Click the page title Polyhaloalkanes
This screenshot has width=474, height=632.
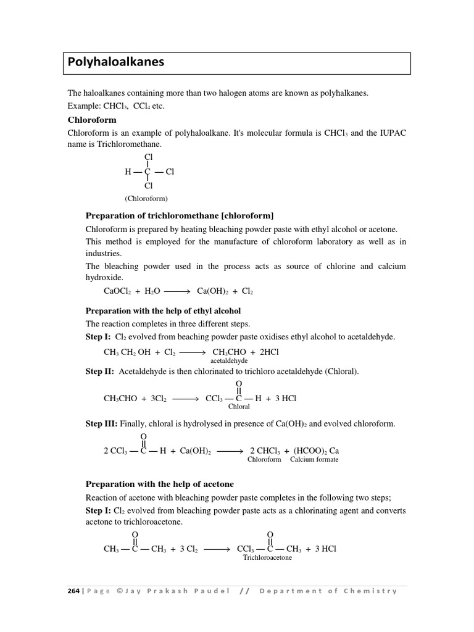[x=116, y=62]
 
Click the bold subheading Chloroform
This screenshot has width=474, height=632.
[x=92, y=120]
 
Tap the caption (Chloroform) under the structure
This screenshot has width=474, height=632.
[x=146, y=199]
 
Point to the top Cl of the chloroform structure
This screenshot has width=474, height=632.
[x=148, y=158]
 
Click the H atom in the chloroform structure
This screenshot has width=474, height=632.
[x=128, y=172]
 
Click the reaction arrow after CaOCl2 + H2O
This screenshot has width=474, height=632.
[x=178, y=291]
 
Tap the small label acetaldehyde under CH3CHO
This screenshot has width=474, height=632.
[x=229, y=360]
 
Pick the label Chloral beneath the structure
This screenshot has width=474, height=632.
[x=239, y=407]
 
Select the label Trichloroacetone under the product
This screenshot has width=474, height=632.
[x=267, y=557]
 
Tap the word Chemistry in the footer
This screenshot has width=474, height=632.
[x=370, y=591]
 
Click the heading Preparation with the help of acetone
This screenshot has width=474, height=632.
[x=159, y=484]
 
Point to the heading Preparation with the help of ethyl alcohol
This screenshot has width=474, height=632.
[x=163, y=310]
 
